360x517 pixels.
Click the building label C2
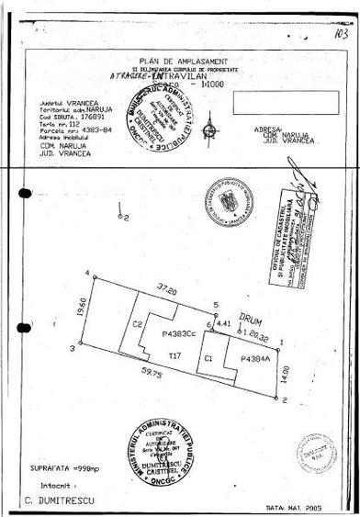136,324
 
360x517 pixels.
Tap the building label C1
209,356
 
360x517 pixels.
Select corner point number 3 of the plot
71,347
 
